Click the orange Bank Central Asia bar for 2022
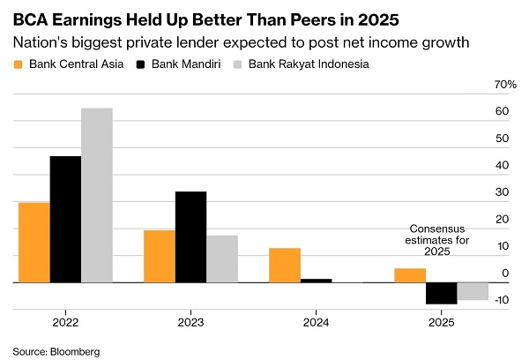(34, 242)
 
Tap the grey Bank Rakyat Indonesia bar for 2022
(97, 195)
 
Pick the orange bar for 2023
(160, 256)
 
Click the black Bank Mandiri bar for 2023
(190, 236)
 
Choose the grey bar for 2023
(222, 259)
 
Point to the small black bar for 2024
(316, 281)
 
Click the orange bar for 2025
(410, 275)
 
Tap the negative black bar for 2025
(441, 293)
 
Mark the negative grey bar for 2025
(473, 291)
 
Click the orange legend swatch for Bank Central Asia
(18, 64)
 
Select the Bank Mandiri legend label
(187, 64)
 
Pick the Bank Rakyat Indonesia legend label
(308, 64)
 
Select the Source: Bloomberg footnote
(56, 351)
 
